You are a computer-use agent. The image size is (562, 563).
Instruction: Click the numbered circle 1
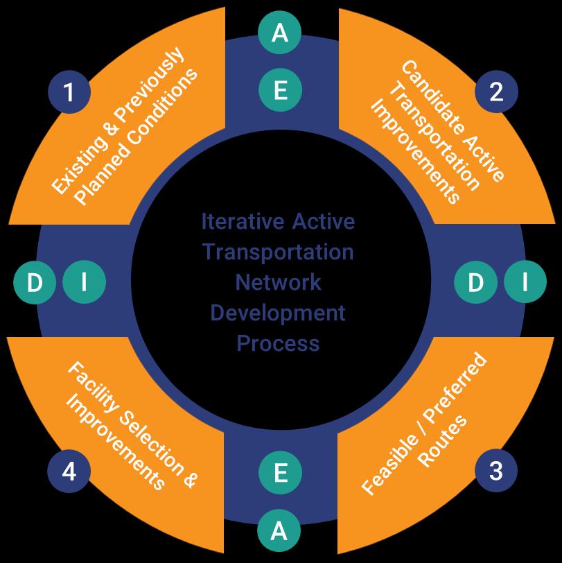pyautogui.click(x=69, y=92)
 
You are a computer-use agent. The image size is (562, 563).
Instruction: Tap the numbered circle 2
pyautogui.click(x=496, y=92)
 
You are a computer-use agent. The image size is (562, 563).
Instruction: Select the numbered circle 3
pyautogui.click(x=496, y=471)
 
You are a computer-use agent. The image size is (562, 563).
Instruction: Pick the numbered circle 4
pyautogui.click(x=69, y=471)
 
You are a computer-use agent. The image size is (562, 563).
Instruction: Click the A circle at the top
pyautogui.click(x=280, y=33)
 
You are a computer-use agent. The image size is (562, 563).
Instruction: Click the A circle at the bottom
pyautogui.click(x=279, y=531)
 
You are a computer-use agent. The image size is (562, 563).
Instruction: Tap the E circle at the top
pyautogui.click(x=280, y=90)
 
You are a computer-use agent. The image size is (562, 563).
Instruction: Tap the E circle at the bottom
pyautogui.click(x=280, y=473)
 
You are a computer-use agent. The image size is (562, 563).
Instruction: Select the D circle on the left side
pyautogui.click(x=35, y=282)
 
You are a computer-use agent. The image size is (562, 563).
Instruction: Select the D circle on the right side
pyautogui.click(x=475, y=282)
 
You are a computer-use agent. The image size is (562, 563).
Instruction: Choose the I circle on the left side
pyautogui.click(x=84, y=282)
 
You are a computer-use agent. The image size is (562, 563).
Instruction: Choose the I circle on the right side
pyautogui.click(x=525, y=282)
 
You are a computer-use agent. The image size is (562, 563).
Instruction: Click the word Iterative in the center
pyautogui.click(x=243, y=222)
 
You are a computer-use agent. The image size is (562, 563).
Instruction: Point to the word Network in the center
pyautogui.click(x=278, y=282)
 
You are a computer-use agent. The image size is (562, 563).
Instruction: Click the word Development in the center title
pyautogui.click(x=278, y=313)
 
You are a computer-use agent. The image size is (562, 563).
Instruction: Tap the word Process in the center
pyautogui.click(x=278, y=343)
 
